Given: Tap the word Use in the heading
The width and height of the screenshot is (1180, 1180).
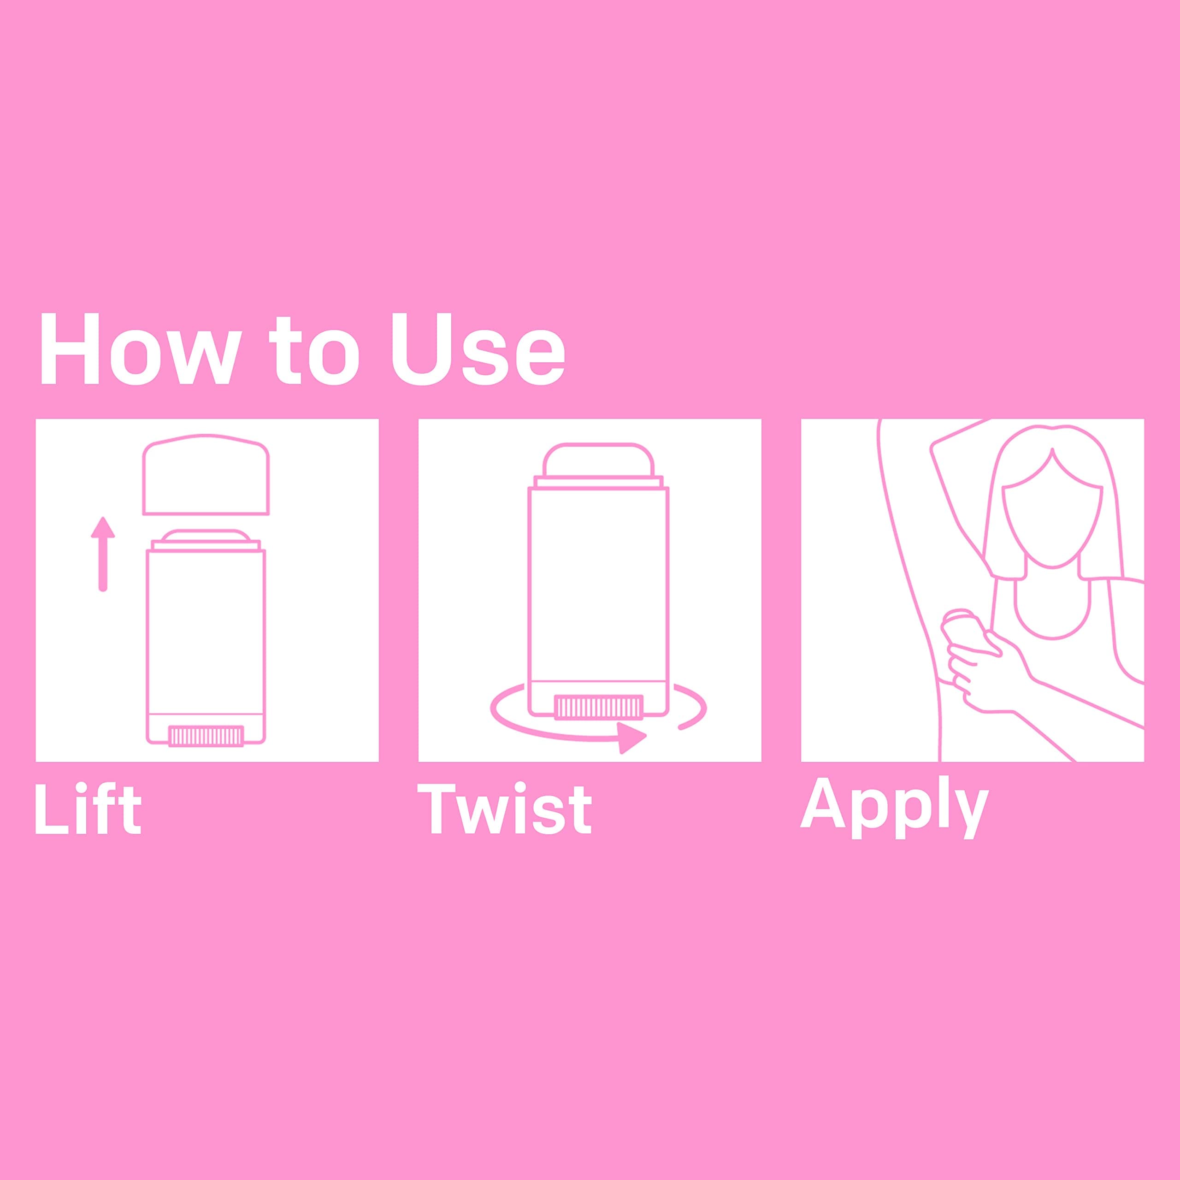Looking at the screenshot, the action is (478, 349).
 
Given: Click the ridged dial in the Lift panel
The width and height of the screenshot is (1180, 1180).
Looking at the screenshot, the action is (206, 735).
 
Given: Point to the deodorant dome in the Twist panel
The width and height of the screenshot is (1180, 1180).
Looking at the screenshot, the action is (598, 460).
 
